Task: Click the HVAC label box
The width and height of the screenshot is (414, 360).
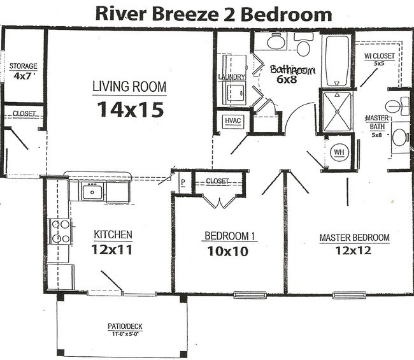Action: [x=233, y=121]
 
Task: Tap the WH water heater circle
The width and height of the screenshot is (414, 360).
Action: [x=339, y=152]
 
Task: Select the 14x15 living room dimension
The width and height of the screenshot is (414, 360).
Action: [x=131, y=110]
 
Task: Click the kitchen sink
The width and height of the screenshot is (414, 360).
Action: [x=92, y=191]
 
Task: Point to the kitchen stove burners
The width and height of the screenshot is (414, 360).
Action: [x=61, y=232]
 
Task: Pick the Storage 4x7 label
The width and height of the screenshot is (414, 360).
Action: [x=23, y=71]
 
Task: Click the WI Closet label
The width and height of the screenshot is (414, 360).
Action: [x=379, y=55]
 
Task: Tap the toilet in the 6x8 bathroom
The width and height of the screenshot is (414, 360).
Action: [x=304, y=45]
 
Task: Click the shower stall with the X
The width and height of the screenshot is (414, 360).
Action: [x=337, y=112]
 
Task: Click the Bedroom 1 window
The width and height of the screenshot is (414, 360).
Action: [x=250, y=295]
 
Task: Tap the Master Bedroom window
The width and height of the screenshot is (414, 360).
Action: [x=349, y=295]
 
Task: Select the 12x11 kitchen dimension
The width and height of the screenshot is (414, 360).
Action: [x=112, y=250]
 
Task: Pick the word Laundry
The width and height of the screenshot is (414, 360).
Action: [x=232, y=77]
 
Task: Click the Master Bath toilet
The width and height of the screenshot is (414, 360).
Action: [x=397, y=106]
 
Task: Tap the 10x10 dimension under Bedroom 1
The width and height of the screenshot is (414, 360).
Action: [x=228, y=251]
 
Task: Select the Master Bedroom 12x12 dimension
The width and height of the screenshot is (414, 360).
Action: [x=353, y=250]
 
